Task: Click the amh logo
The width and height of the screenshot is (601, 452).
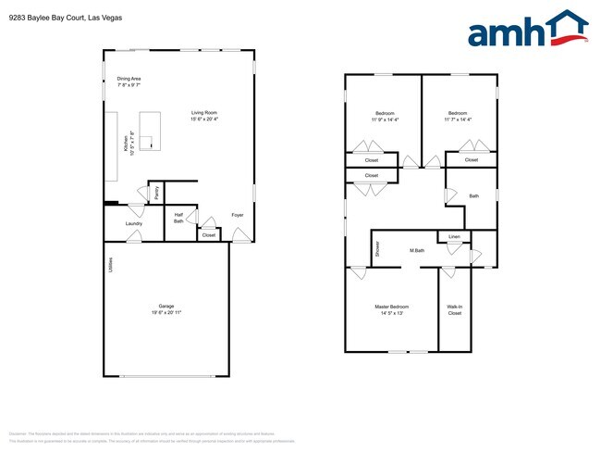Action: [528, 30]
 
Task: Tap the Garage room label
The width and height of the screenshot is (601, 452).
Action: [166, 306]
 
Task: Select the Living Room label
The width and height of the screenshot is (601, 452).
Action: [204, 112]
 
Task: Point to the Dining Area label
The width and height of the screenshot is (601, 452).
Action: [129, 79]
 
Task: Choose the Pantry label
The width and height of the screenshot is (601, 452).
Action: [157, 193]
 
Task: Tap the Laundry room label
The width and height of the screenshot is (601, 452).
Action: [134, 222]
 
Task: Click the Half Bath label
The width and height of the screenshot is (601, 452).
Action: [178, 218]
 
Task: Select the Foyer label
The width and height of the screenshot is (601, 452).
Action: [238, 214]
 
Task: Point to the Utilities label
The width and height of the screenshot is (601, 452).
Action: [110, 266]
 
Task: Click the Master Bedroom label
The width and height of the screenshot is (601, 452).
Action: [391, 307]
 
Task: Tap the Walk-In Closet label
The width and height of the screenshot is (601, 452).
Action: [454, 310]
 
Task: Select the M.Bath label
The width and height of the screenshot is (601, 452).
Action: [417, 251]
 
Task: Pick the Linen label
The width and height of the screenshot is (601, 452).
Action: [453, 237]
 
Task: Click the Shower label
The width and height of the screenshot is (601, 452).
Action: [377, 248]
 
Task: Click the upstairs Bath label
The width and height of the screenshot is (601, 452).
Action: [473, 195]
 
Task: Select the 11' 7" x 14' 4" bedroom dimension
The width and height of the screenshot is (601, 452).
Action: [458, 119]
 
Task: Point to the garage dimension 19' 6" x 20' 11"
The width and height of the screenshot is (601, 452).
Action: [166, 313]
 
